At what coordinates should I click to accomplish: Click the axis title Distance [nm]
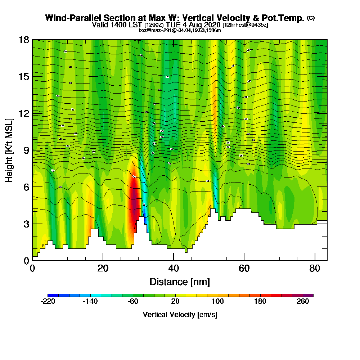180,282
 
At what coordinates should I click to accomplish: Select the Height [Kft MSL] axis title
9,150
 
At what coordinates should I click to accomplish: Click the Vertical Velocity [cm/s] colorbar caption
180,315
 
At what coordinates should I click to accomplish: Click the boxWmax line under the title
180,30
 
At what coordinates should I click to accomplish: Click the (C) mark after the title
311,18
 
